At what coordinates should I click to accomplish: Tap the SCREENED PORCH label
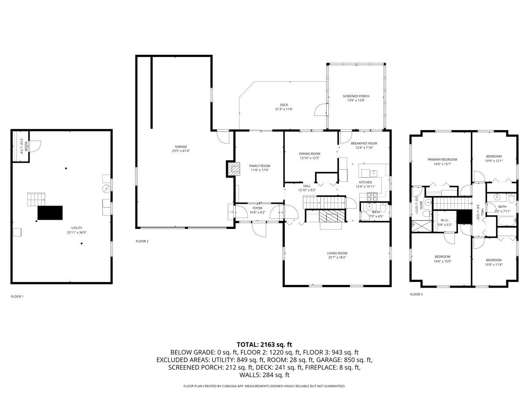pyautogui.click(x=356, y=96)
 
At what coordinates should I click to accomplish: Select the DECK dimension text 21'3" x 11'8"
pyautogui.click(x=284, y=109)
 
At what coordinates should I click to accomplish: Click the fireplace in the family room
pyautogui.click(x=235, y=168)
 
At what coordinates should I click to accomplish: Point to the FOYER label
pyautogui.click(x=257, y=208)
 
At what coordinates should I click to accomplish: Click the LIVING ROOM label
pyautogui.click(x=337, y=253)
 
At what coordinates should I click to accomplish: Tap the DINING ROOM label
pyautogui.click(x=309, y=154)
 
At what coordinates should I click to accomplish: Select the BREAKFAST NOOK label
pyautogui.click(x=364, y=143)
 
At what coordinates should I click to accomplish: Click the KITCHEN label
pyautogui.click(x=365, y=182)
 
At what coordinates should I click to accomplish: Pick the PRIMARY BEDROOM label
pyautogui.click(x=442, y=160)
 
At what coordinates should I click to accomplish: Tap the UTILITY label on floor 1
pyautogui.click(x=75, y=228)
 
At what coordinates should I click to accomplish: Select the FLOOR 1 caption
pyautogui.click(x=17, y=296)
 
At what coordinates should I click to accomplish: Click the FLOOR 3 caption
pyautogui.click(x=416, y=294)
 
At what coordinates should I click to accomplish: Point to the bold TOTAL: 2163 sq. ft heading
pyautogui.click(x=264, y=345)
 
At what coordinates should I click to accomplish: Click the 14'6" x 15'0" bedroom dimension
pyautogui.click(x=443, y=261)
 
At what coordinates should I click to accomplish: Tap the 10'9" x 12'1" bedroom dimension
pyautogui.click(x=494, y=161)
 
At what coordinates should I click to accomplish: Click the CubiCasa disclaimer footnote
pyautogui.click(x=264, y=386)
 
